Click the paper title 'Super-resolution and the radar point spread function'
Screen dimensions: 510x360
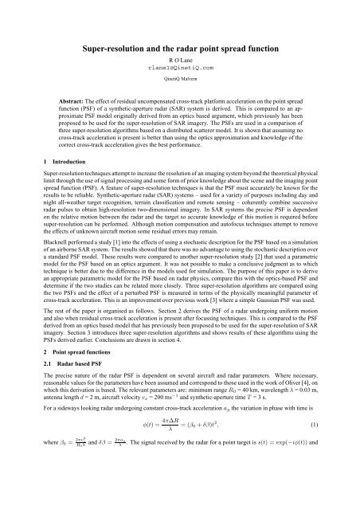click(x=179, y=49)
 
